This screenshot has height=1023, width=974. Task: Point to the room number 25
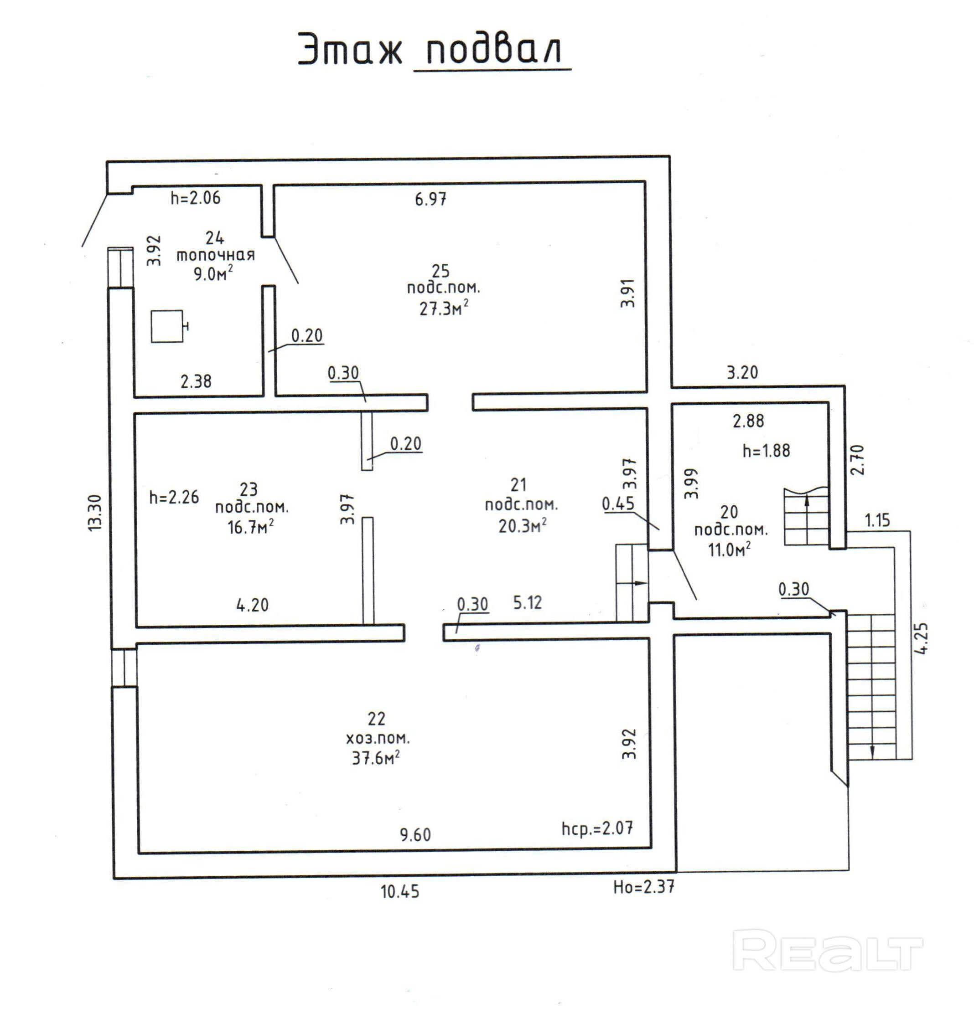coord(441,271)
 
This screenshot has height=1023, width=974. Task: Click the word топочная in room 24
coord(216,255)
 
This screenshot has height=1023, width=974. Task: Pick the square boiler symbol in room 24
coord(167,326)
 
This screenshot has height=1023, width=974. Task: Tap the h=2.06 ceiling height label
coord(196,198)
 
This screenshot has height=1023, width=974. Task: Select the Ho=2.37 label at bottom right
coord(643,887)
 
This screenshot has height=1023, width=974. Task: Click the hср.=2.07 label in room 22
coord(597,828)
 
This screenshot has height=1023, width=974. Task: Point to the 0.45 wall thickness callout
coord(618,504)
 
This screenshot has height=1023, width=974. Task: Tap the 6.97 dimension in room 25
coord(430,199)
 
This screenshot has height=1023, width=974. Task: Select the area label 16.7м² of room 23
coord(251,528)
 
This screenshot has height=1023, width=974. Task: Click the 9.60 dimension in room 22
coord(415,835)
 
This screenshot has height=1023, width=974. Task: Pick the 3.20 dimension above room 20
coord(742,372)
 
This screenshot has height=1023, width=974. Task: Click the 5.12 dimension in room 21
coord(528,602)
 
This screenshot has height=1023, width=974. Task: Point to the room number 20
coord(729,512)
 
